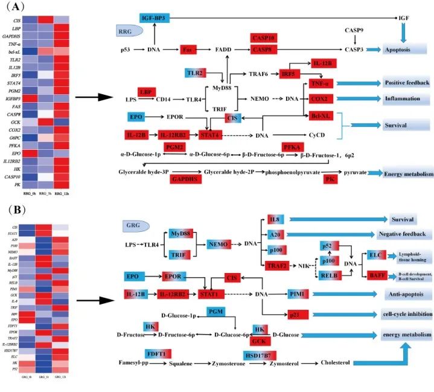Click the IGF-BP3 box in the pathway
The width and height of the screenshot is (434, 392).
click(x=155, y=18)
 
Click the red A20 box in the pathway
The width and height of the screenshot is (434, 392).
click(x=275, y=234)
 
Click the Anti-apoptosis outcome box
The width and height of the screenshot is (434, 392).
click(x=406, y=294)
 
